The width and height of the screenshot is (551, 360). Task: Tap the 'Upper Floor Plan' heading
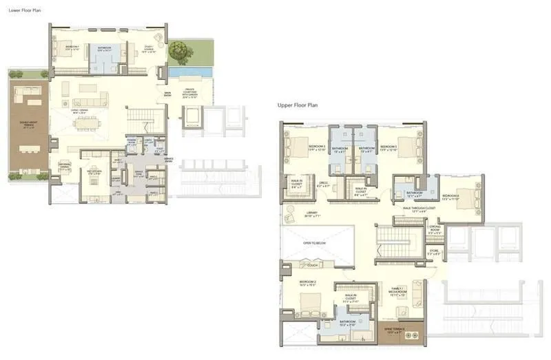[x=297, y=105]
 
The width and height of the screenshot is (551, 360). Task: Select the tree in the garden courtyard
[x=180, y=50]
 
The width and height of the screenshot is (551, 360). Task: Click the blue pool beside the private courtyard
[x=189, y=72]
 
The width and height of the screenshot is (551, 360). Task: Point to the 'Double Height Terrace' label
[x=28, y=126]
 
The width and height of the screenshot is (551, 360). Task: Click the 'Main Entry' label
[x=167, y=94]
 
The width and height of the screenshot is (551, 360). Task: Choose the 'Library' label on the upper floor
[x=311, y=213]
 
